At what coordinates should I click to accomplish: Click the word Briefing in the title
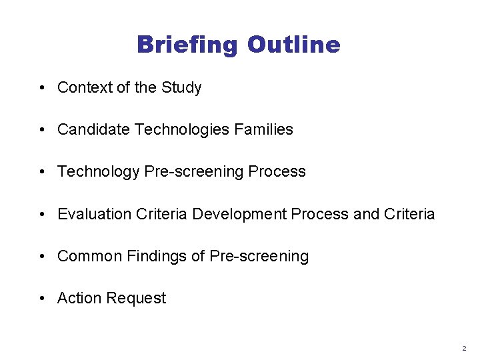click(187, 45)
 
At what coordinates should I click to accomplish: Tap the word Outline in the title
click(293, 45)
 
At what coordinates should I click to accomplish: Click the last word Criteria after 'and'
click(409, 214)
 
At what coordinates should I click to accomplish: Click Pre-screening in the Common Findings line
click(259, 256)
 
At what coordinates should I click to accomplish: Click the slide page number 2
click(465, 348)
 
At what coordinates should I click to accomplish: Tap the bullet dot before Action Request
click(42, 299)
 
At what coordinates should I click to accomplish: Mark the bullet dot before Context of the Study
click(42, 88)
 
